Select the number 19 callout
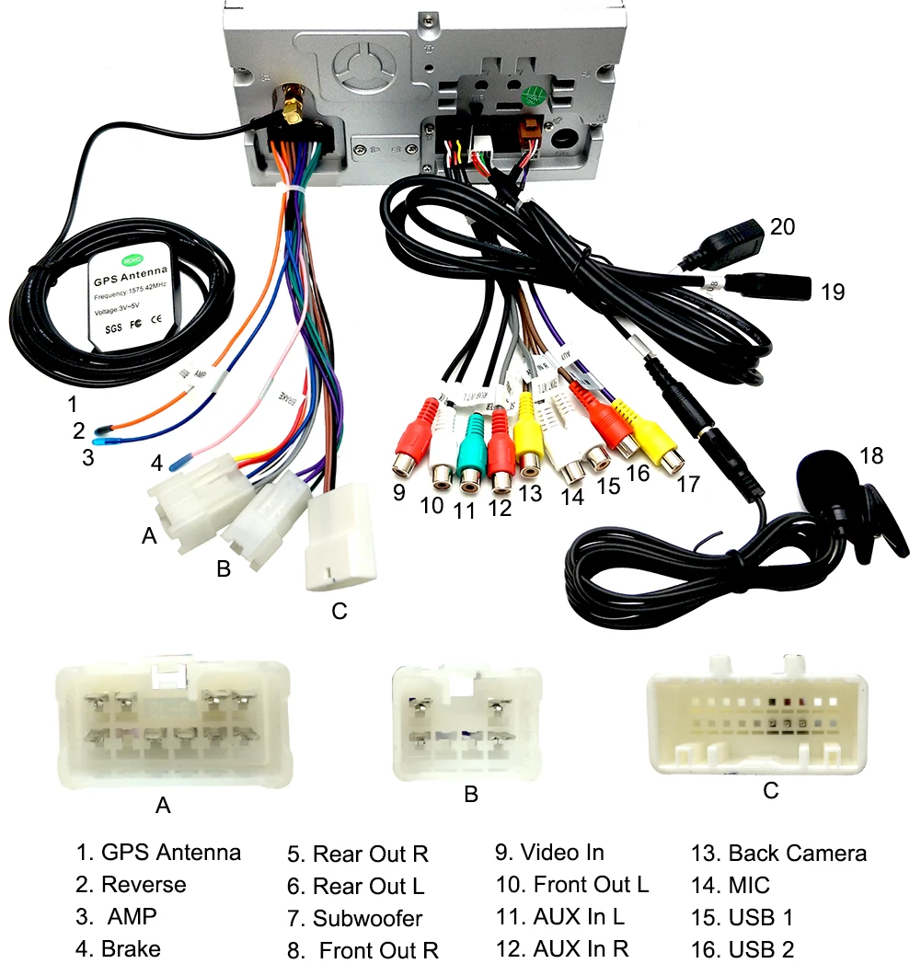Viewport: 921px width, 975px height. click(833, 292)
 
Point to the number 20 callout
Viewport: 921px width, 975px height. click(782, 226)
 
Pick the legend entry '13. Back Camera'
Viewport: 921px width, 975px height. click(778, 853)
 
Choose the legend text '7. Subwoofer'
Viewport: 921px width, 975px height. click(355, 918)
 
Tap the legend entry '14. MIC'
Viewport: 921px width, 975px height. click(731, 886)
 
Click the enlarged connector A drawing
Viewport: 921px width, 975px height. click(172, 724)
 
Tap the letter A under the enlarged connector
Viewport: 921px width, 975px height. click(163, 806)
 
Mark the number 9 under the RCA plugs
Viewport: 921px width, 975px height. click(398, 492)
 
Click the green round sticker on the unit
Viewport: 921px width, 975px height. click(531, 97)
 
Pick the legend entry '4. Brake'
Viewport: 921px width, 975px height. click(118, 948)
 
